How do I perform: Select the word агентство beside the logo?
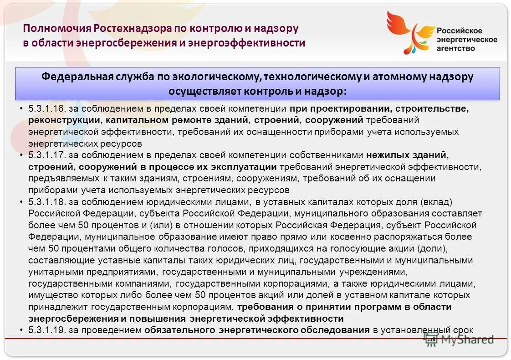[455, 48]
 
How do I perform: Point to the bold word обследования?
[336, 330]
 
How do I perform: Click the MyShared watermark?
[460, 339]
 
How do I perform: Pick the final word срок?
[463, 330]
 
